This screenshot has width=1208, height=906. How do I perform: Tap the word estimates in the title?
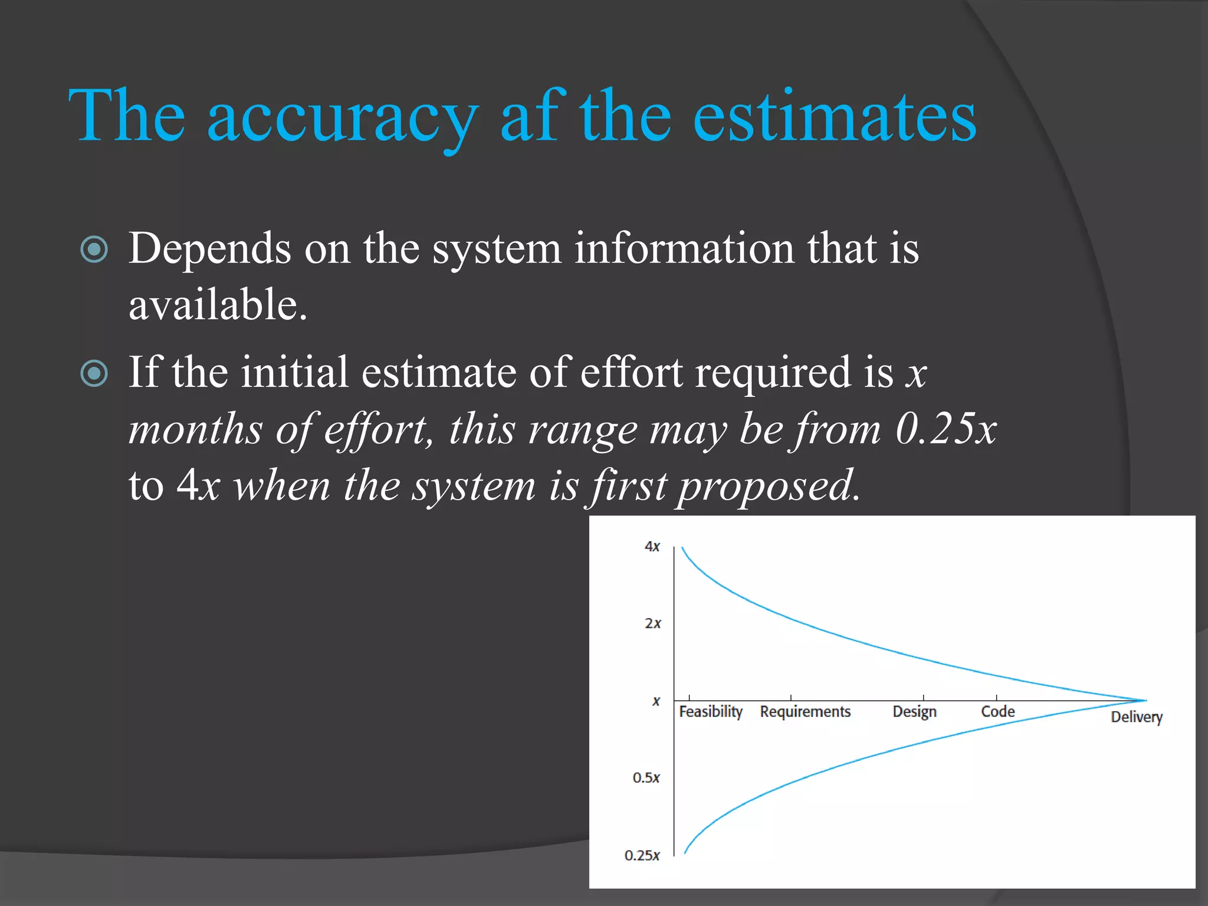[x=835, y=118]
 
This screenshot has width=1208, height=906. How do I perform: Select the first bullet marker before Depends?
[x=94, y=249]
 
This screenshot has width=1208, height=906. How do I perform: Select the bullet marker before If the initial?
[x=94, y=373]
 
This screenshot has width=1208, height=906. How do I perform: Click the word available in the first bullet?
[x=217, y=305]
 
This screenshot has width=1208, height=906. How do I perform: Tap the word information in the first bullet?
[x=684, y=249]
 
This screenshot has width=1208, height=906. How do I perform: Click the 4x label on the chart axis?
[x=652, y=546]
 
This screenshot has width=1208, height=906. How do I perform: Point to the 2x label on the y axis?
[x=652, y=623]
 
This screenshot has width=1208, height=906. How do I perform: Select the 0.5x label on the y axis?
[x=646, y=778]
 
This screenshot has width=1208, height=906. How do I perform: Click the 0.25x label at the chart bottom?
[x=642, y=855]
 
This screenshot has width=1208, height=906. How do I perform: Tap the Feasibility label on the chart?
[x=710, y=712]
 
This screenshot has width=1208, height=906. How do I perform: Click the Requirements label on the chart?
[x=805, y=712]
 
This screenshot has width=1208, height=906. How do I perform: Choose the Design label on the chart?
[x=914, y=712]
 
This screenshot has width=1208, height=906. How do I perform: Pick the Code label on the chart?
[x=997, y=712]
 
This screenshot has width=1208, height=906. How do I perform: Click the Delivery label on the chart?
[x=1136, y=717]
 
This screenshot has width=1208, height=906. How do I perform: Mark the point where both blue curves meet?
[x=1145, y=701]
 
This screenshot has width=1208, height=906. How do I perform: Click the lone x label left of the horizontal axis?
[x=656, y=701]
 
